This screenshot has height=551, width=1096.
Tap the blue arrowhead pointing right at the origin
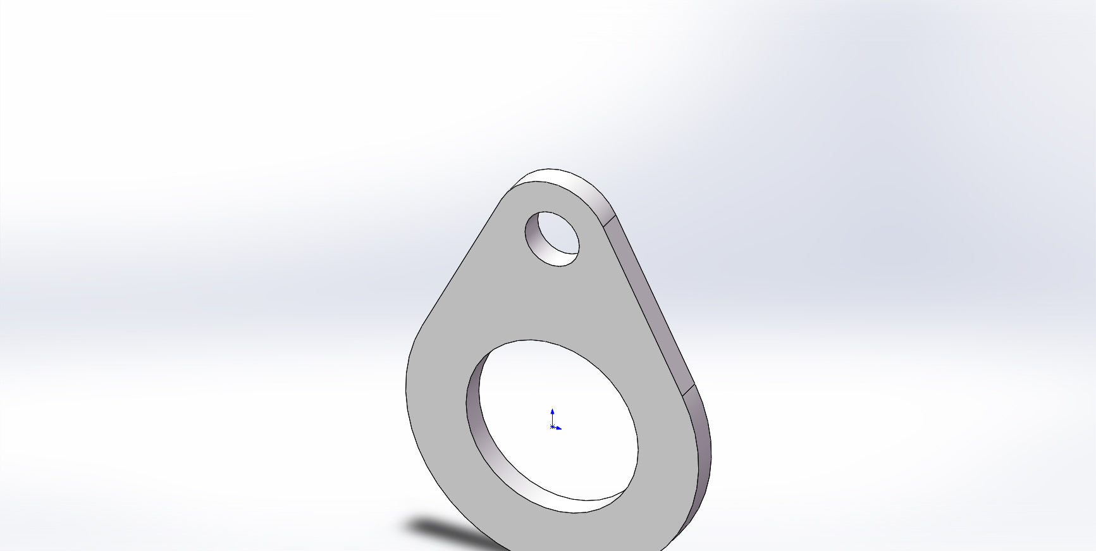click(x=559, y=428)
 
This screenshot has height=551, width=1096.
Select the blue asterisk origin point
click(x=552, y=427)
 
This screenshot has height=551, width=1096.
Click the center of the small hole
click(x=552, y=238)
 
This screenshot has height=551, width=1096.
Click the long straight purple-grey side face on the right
click(x=648, y=297)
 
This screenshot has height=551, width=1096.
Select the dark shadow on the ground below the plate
click(x=443, y=529)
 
